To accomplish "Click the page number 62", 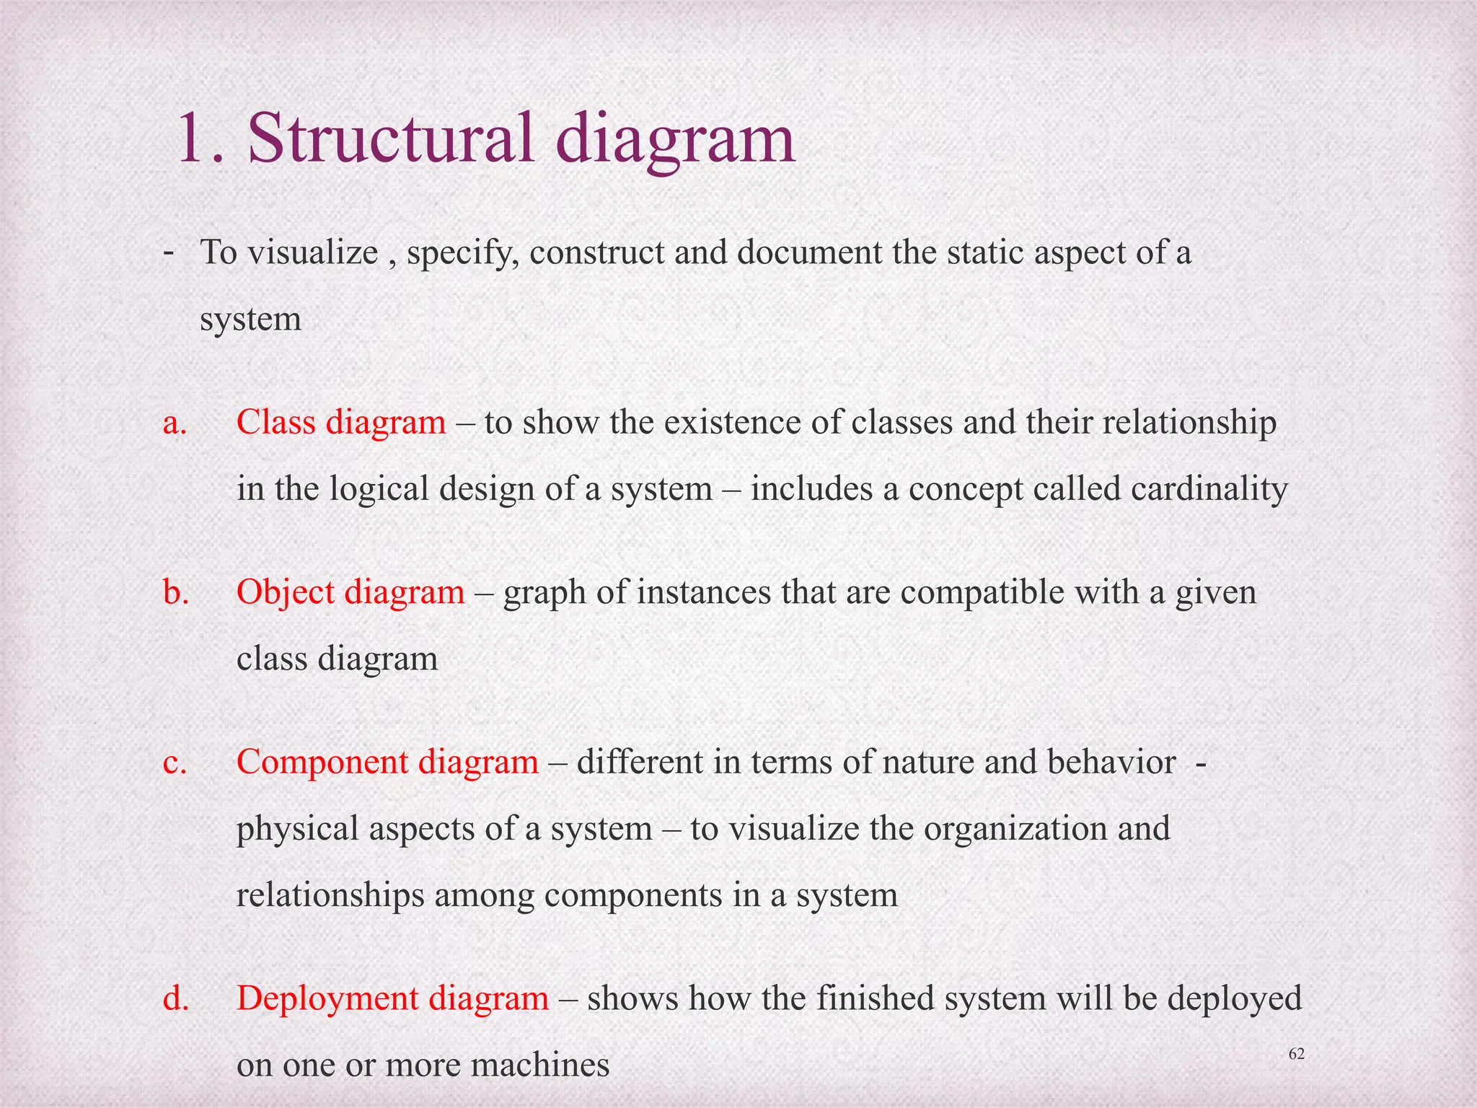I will [x=1296, y=1054].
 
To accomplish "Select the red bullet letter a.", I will [x=175, y=423].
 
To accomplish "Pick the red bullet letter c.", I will [x=175, y=762].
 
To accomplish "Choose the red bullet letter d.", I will [x=176, y=998].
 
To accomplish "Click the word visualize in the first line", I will [x=313, y=252].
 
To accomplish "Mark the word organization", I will [x=1015, y=829].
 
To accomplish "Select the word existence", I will [x=732, y=423].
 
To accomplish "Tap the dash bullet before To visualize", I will [x=168, y=252].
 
